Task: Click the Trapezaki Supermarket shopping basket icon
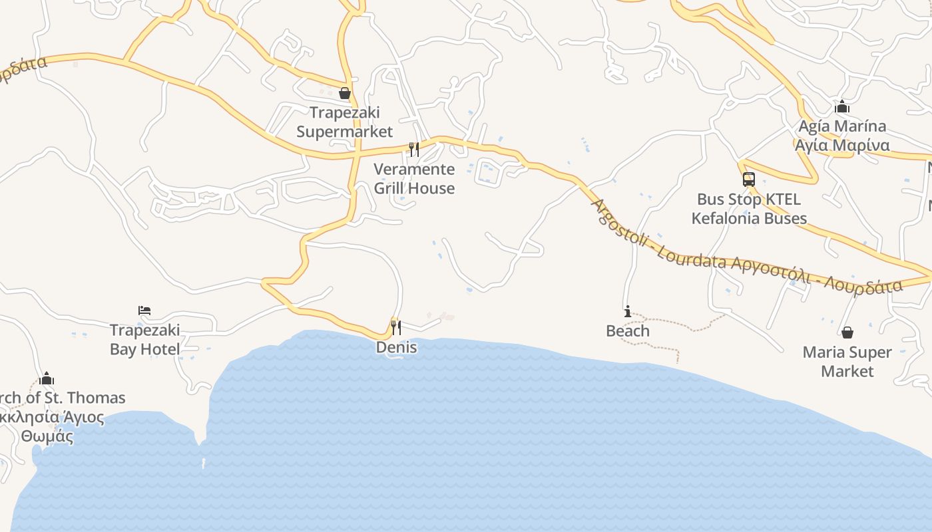pos(345,93)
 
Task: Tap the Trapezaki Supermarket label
pos(344,122)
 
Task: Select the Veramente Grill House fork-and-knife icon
pos(414,149)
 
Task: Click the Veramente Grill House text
pos(414,178)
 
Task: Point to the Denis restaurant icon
pos(396,327)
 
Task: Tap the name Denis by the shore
pos(397,347)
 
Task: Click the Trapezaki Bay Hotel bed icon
pos(144,311)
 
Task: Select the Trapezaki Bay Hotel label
pos(144,339)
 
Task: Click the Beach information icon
pos(627,311)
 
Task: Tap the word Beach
pos(627,331)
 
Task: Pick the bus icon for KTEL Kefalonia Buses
pos(749,180)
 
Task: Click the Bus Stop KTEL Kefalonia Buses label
pos(749,209)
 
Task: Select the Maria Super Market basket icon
pos(847,332)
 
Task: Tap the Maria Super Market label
pos(847,362)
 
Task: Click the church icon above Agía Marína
pos(842,106)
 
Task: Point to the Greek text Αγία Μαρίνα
pos(842,145)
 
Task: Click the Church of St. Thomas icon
pos(47,378)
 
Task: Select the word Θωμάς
pos(47,437)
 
